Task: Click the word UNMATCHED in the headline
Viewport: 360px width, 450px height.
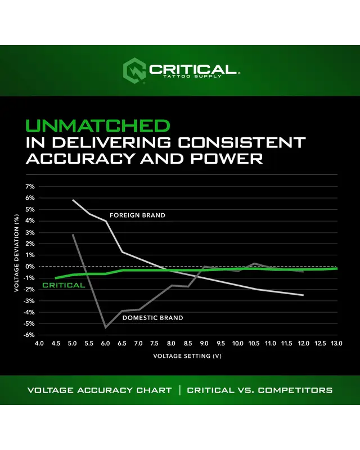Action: point(97,125)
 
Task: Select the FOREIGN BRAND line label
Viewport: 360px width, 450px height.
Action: point(137,215)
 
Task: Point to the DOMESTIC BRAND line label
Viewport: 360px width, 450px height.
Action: point(152,318)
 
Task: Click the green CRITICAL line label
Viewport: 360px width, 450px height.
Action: point(64,285)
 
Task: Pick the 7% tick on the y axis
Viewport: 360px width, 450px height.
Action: point(30,186)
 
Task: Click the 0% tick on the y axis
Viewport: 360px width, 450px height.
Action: point(30,267)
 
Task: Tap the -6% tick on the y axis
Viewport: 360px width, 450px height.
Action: point(29,335)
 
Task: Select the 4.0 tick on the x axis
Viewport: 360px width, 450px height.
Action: point(39,343)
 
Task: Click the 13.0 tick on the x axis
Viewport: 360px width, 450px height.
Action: point(337,343)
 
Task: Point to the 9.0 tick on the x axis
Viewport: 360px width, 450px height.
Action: point(205,343)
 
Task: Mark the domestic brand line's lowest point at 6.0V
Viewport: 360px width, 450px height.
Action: point(105,327)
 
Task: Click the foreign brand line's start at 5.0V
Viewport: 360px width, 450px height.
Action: point(73,200)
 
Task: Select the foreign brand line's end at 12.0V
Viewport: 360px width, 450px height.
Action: point(304,295)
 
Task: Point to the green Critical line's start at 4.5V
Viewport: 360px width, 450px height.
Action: point(56,278)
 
